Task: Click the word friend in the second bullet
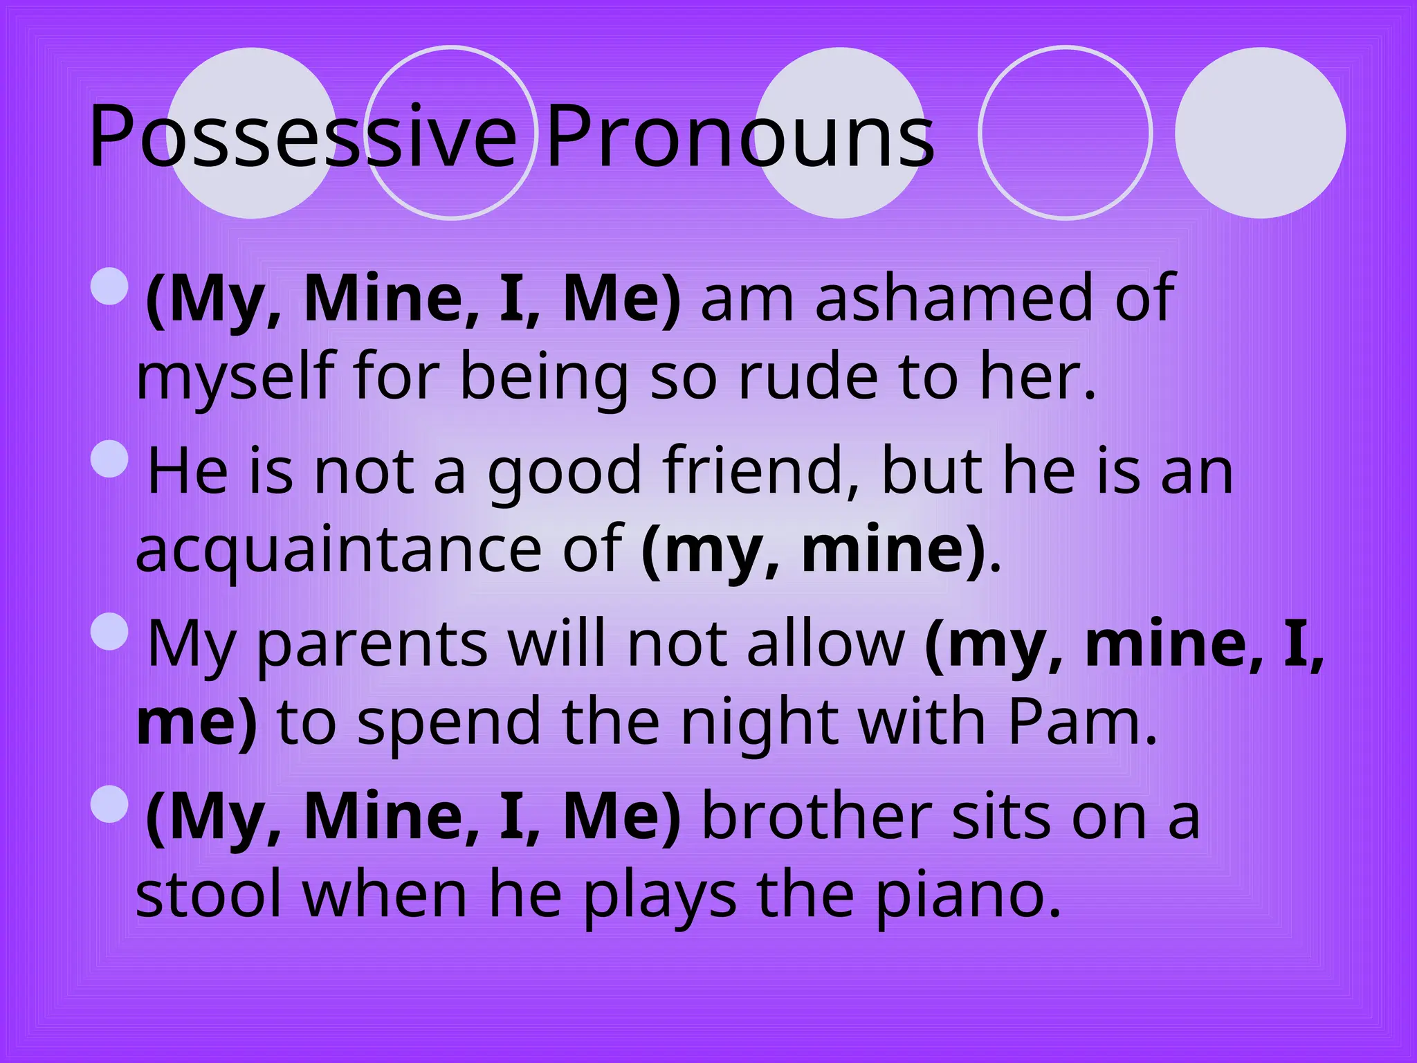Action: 761,471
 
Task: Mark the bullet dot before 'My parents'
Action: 109,631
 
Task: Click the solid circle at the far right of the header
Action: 1260,132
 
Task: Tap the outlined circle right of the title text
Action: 1065,132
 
